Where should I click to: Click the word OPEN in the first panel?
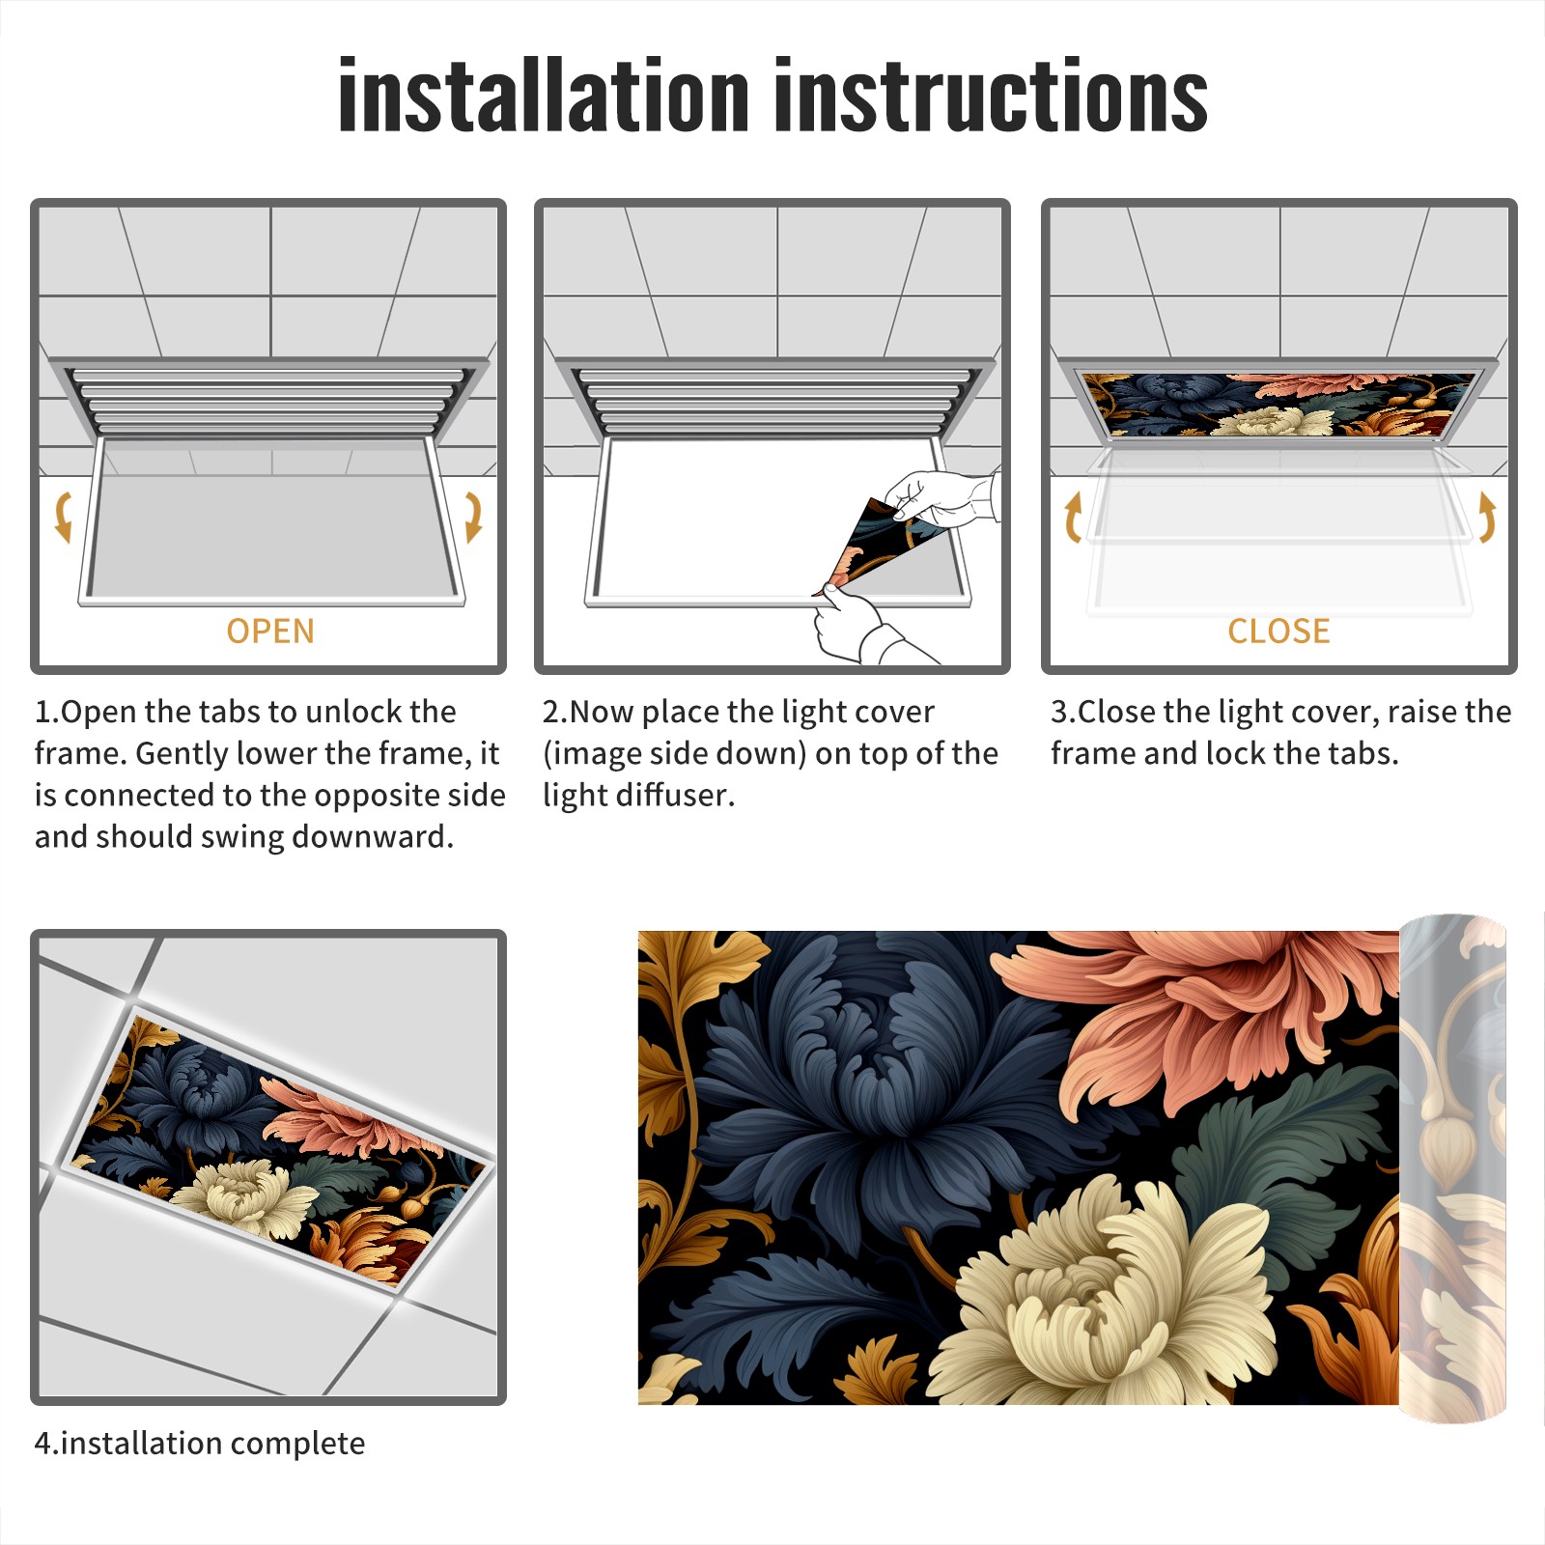270,632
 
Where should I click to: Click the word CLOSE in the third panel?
1278,632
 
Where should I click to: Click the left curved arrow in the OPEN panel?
63,517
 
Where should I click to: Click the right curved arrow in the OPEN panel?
473,517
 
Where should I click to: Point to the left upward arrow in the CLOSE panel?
1072,517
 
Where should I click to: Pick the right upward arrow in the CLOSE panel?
1487,517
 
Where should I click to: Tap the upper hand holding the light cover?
941,499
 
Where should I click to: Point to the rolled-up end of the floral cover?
1453,1168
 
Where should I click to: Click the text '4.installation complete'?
200,1444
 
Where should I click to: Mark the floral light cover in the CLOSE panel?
1279,405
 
